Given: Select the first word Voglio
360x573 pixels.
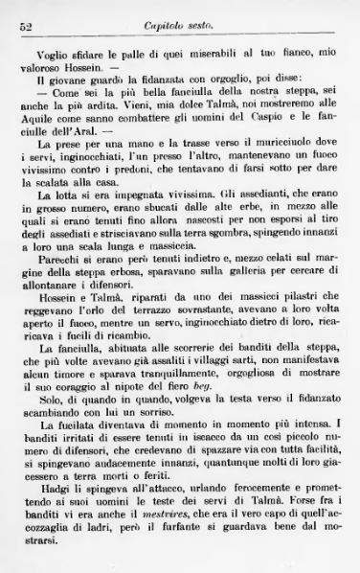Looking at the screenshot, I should (x=53, y=56).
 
